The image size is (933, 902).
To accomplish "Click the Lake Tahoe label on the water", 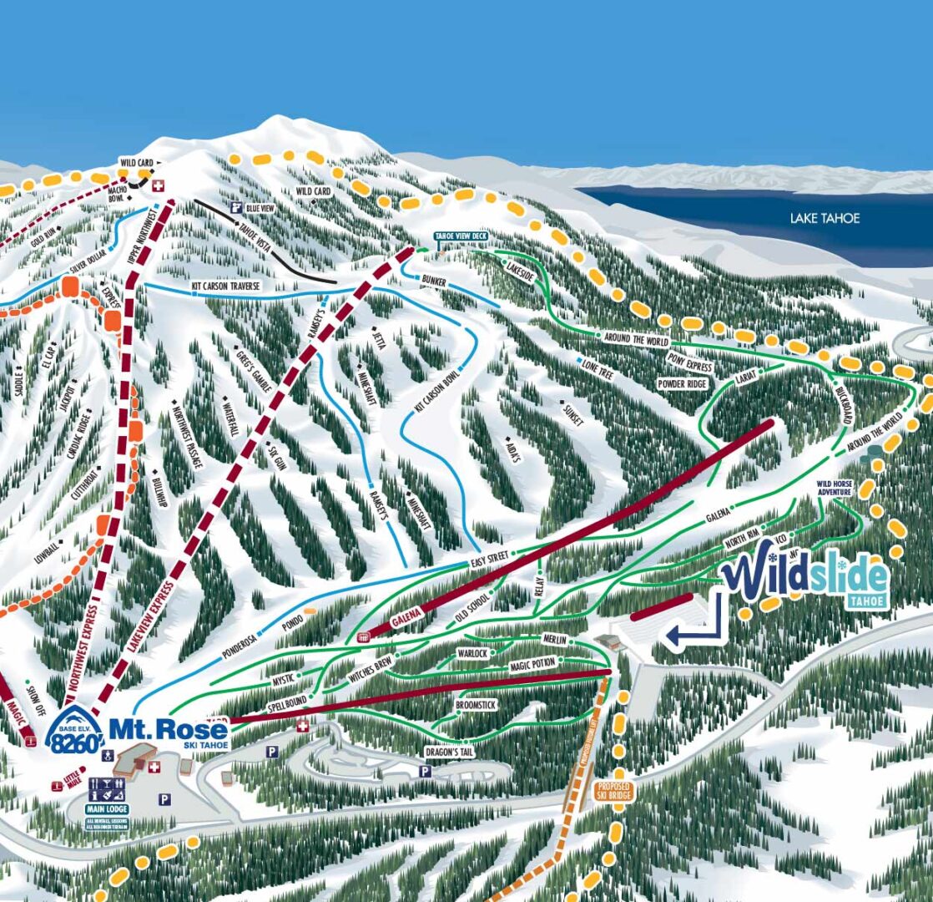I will coord(825,219).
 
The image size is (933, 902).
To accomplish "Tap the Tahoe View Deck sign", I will coord(461,237).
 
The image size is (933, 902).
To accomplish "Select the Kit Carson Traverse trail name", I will coord(226,286).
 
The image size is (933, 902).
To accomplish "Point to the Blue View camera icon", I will coord(237,207).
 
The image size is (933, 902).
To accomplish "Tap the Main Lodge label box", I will coord(107,809).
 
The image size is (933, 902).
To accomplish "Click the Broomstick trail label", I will coord(476,706).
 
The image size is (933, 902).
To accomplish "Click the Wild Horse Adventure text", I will coord(837,488).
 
